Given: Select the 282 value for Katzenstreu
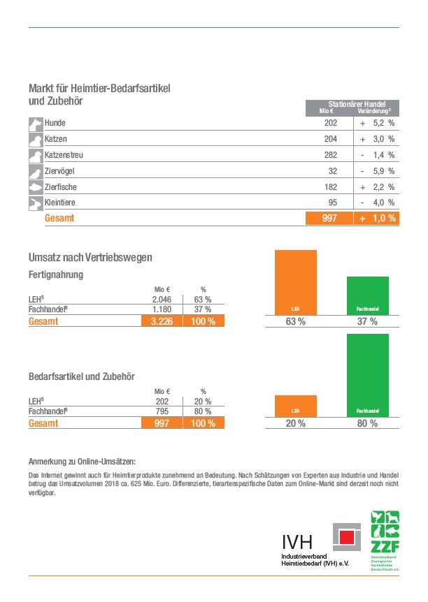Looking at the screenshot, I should coord(330,155).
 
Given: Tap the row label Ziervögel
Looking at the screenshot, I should coord(60,171).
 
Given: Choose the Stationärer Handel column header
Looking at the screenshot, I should coord(352,103).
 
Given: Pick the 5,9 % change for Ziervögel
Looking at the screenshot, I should coord(383,171).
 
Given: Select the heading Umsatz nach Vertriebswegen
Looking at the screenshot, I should coord(90,258).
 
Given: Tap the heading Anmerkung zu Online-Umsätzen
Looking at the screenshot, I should coord(82,461).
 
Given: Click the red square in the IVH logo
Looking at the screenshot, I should coord(346,536).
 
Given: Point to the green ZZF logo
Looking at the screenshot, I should coord(385,541).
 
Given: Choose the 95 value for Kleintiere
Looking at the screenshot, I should coord(331,203).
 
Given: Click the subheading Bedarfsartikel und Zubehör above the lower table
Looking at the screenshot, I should coord(82,376).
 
